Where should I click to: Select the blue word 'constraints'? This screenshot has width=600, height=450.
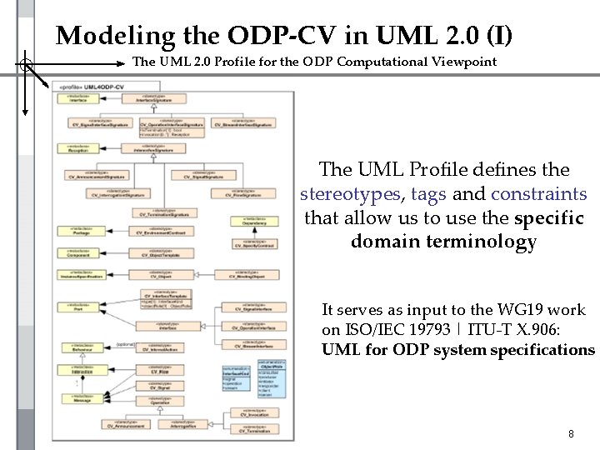pyautogui.click(x=539, y=194)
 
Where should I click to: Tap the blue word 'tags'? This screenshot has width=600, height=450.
pyautogui.click(x=429, y=194)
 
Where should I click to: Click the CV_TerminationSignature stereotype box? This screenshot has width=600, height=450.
pyautogui.click(x=163, y=212)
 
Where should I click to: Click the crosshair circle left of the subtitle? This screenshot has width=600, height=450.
pyautogui.click(x=26, y=63)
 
